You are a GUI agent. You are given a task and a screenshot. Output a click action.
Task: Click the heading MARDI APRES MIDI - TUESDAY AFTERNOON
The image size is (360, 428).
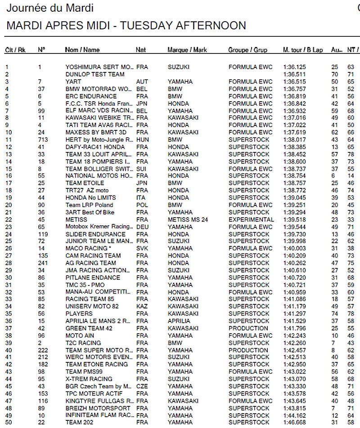coord(126,26)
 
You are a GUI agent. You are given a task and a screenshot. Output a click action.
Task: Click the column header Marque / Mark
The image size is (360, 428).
coord(187,50)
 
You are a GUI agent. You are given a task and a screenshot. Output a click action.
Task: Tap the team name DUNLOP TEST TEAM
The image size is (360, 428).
coord(95,74)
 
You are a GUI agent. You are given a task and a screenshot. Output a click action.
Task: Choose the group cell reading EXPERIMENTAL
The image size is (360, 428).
coord(251,219)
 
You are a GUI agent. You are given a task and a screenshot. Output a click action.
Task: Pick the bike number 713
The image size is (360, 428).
coord(43,140)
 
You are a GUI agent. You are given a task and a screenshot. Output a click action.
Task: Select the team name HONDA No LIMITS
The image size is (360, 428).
coord(90,198)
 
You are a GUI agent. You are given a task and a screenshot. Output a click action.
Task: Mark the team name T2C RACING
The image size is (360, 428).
coord(83,343)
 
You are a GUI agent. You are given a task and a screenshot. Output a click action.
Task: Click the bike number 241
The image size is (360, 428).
coord(43,263)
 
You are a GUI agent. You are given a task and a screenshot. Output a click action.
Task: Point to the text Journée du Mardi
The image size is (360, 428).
coord(50,8)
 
